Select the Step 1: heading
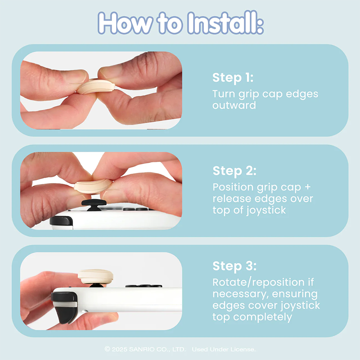233,77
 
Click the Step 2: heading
234,171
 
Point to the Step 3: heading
234,266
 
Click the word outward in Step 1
234,105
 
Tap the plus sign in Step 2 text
308,187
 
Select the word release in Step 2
232,198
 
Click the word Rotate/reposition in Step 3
258,283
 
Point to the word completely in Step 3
262,317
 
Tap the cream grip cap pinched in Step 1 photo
96,86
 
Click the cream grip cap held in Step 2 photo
93,186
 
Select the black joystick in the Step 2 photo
94,204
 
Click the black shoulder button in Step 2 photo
61,220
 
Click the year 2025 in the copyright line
119,349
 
